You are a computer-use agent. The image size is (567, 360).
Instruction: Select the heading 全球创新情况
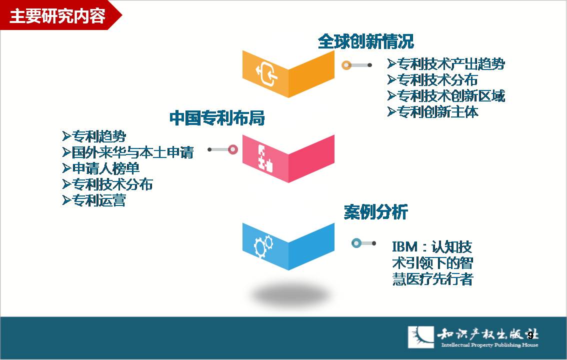(x=365, y=41)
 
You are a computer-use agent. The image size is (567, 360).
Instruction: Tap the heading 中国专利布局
(x=217, y=118)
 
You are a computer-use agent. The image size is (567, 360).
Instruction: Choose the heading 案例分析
(x=375, y=212)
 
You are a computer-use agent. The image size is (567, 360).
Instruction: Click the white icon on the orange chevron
(x=267, y=73)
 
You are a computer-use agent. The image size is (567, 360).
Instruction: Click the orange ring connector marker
(x=346, y=65)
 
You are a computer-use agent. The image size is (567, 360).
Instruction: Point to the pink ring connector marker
(x=233, y=149)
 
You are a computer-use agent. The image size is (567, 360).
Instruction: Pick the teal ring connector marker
(x=356, y=243)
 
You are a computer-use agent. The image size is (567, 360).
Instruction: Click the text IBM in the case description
(x=405, y=247)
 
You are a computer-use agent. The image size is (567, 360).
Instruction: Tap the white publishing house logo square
(x=421, y=337)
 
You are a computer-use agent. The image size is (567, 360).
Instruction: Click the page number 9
(x=530, y=335)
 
